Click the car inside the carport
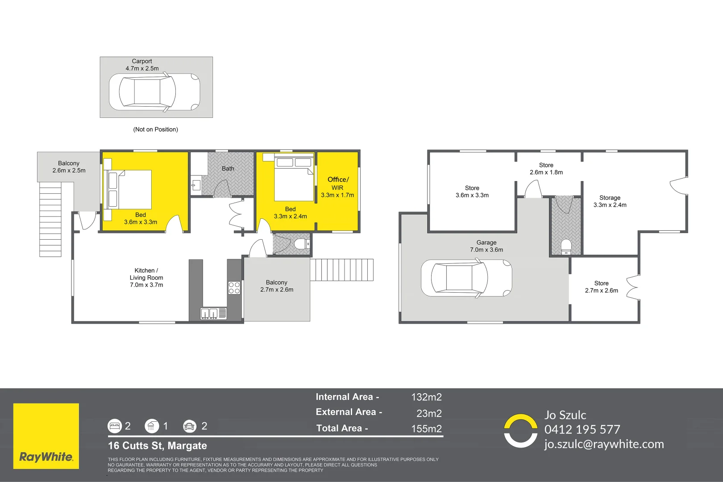154,92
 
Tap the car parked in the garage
466,278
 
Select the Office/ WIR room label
337,187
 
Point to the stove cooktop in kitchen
234,288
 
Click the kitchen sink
209,314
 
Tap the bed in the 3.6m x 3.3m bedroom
129,190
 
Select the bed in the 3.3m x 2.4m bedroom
294,179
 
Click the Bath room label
228,169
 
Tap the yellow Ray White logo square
46,436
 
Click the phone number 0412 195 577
582,429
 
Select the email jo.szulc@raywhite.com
603,444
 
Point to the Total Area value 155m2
426,429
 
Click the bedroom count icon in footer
115,426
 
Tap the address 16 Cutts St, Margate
158,445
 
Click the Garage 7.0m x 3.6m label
486,246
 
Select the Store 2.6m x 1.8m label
546,169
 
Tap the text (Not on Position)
155,129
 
